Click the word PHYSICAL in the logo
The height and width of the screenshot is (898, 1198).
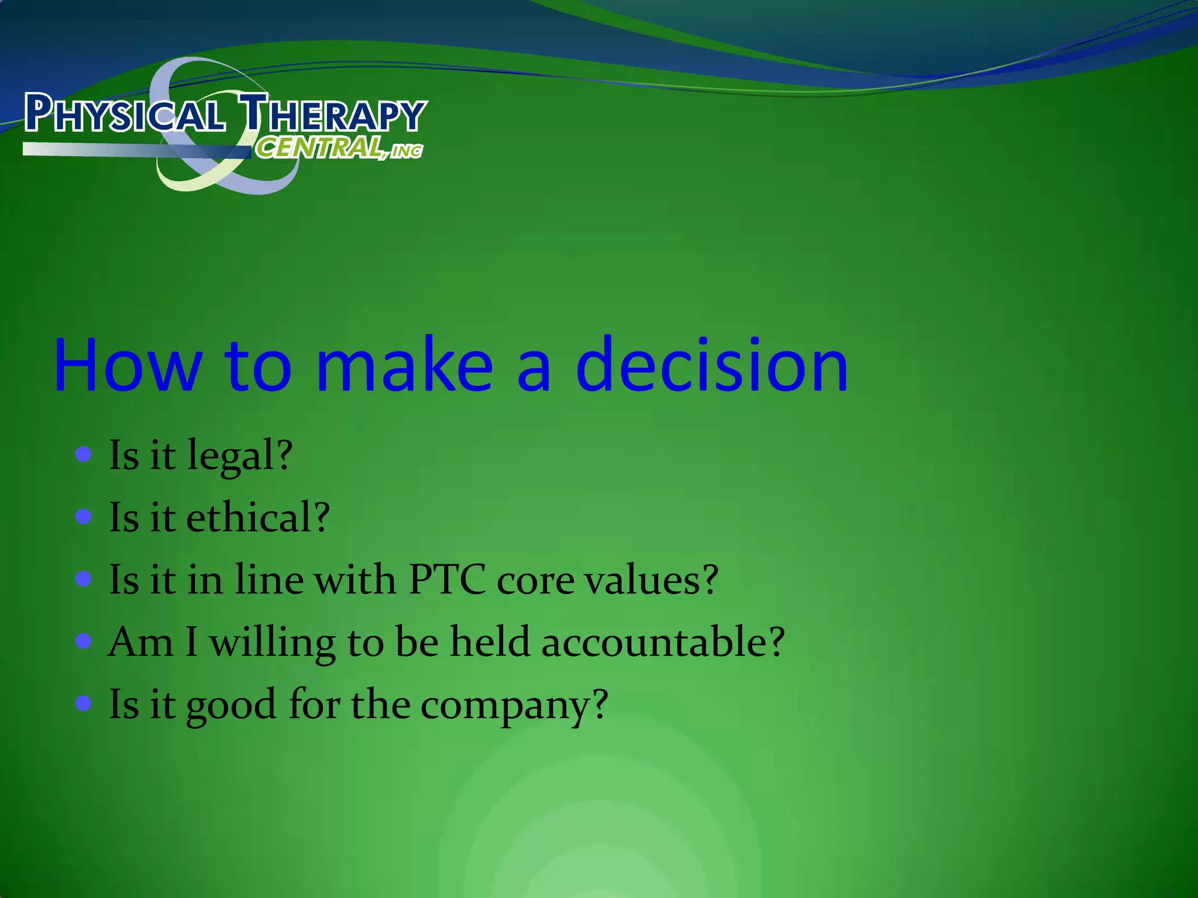[124, 114]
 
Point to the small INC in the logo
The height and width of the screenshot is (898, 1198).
[407, 151]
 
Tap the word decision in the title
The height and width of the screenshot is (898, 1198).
[711, 366]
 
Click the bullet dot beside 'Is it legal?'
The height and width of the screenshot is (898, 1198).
[84, 454]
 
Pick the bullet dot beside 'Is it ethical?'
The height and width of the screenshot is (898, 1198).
[84, 517]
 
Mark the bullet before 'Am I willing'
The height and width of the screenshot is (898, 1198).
[84, 641]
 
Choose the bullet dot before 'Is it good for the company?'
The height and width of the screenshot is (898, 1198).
[84, 703]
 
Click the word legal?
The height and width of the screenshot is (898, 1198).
[239, 456]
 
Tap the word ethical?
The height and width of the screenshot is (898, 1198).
[258, 518]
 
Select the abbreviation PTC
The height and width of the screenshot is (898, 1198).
[447, 580]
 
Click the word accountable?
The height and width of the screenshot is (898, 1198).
[662, 642]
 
